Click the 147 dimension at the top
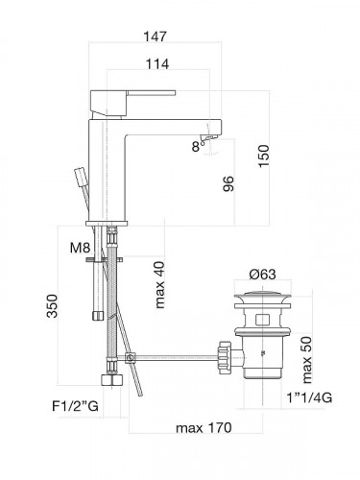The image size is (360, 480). (155, 36)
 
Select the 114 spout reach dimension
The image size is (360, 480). (157, 64)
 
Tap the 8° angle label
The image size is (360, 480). (198, 147)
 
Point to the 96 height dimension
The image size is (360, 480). (228, 183)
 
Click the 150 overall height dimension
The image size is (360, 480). (264, 156)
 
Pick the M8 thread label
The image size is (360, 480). (81, 248)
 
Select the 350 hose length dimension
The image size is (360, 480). (52, 306)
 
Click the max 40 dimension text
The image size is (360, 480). (159, 285)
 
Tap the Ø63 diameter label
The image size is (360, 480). (262, 275)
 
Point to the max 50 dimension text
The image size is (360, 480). (306, 360)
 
